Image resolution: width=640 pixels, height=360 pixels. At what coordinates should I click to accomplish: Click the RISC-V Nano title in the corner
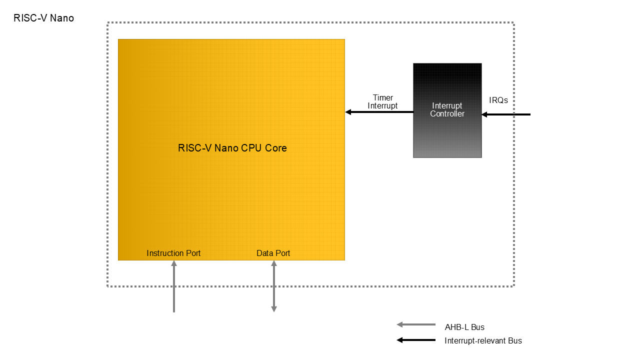click(43, 18)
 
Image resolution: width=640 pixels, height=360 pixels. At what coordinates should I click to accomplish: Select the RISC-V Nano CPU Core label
click(232, 148)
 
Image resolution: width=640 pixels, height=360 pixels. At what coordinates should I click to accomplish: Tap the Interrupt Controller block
click(447, 135)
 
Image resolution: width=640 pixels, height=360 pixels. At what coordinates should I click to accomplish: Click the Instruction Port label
click(173, 253)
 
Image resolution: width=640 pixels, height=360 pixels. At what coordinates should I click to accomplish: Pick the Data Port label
click(273, 253)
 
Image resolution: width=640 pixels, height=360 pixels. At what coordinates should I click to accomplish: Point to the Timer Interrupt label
click(382, 101)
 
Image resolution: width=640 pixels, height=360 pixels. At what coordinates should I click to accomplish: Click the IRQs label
click(498, 100)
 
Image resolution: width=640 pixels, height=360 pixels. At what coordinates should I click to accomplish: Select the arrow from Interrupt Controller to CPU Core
click(380, 112)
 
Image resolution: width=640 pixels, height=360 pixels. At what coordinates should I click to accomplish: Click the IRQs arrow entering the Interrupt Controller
click(507, 114)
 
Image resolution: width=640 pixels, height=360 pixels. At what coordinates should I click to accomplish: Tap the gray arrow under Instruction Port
click(174, 287)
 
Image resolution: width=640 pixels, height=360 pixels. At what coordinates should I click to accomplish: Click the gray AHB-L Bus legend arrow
click(416, 324)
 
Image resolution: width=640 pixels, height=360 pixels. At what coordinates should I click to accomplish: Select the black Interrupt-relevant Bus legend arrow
click(416, 340)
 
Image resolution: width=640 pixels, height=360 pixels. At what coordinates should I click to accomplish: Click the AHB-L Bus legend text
click(464, 327)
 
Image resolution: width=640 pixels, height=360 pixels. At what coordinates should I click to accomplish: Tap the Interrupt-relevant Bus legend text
click(483, 341)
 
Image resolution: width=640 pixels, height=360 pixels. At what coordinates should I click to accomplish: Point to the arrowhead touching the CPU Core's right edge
click(348, 112)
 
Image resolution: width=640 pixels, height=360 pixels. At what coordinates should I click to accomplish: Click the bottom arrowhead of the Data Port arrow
click(274, 309)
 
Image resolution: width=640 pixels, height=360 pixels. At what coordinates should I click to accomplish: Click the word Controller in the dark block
click(447, 114)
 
